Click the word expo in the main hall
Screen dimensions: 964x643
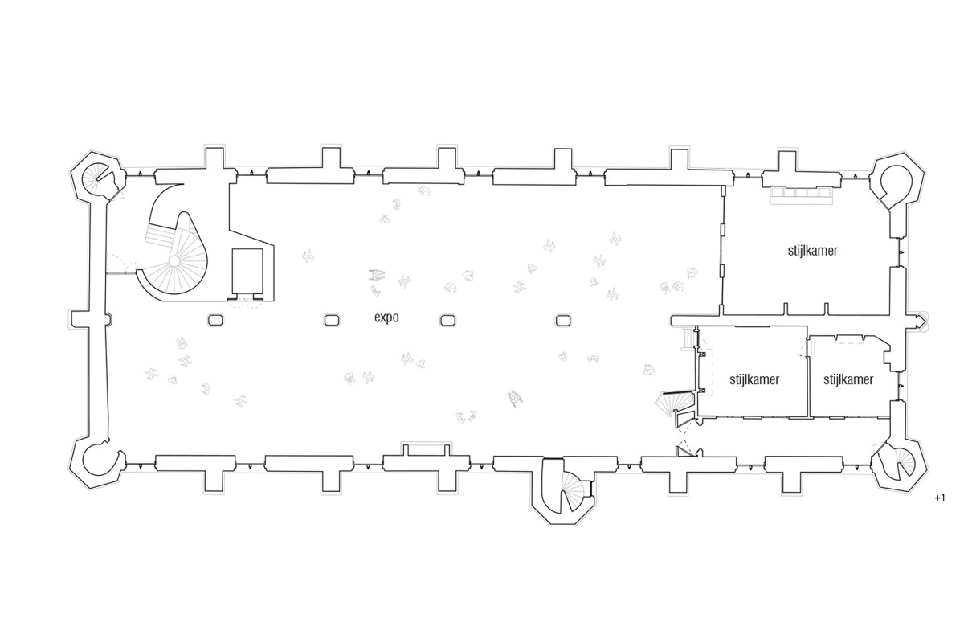click(x=386, y=317)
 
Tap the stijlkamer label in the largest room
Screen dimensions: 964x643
click(x=812, y=251)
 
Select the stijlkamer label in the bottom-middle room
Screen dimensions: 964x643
click(x=754, y=379)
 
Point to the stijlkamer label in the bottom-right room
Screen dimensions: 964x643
click(x=848, y=379)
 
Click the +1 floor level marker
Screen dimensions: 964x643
click(x=940, y=498)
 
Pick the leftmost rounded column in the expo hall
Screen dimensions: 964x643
click(x=215, y=321)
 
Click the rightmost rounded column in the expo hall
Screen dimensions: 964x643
click(x=563, y=321)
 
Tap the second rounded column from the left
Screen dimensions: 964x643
click(x=331, y=321)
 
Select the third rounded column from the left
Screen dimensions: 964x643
click(x=447, y=321)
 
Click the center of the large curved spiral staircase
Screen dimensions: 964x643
click(x=174, y=261)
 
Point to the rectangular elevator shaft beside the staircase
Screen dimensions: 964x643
click(x=247, y=271)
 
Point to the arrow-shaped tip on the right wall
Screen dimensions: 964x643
click(x=923, y=321)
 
